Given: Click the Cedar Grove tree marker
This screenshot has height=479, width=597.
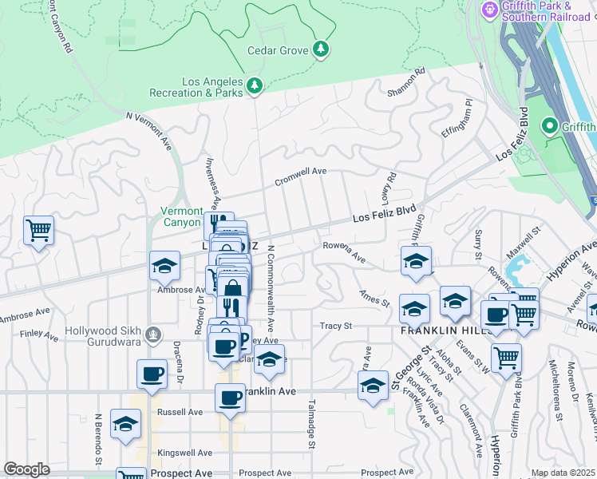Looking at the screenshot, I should point(321,49).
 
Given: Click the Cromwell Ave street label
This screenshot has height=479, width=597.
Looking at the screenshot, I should point(301,176).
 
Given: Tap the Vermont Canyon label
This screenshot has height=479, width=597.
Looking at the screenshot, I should point(182,216).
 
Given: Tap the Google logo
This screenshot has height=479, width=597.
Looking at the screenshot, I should point(26,469).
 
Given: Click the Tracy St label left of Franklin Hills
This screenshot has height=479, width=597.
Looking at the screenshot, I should point(335,326).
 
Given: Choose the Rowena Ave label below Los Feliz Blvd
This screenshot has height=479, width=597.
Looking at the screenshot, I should point(343,252).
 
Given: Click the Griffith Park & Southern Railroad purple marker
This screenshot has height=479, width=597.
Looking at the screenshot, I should point(488,10).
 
